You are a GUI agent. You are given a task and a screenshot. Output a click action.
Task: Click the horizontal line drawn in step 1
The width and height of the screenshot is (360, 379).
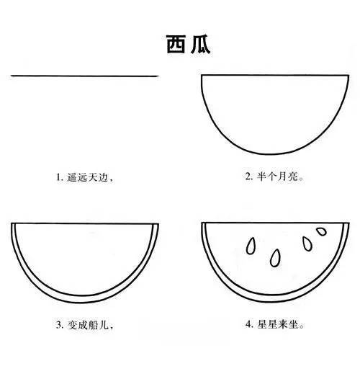click(x=85, y=75)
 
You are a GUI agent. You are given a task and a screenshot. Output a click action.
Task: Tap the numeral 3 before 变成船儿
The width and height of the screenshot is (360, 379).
click(x=58, y=325)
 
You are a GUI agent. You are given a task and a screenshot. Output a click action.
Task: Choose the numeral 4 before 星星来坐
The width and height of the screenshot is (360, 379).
click(x=248, y=325)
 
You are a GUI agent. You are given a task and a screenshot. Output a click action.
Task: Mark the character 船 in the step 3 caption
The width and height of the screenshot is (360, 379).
click(x=94, y=325)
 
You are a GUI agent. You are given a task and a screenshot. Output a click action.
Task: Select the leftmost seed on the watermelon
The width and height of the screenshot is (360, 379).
click(x=251, y=246)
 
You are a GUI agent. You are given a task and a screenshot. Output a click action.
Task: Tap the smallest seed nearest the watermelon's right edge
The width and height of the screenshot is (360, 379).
click(x=321, y=231)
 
